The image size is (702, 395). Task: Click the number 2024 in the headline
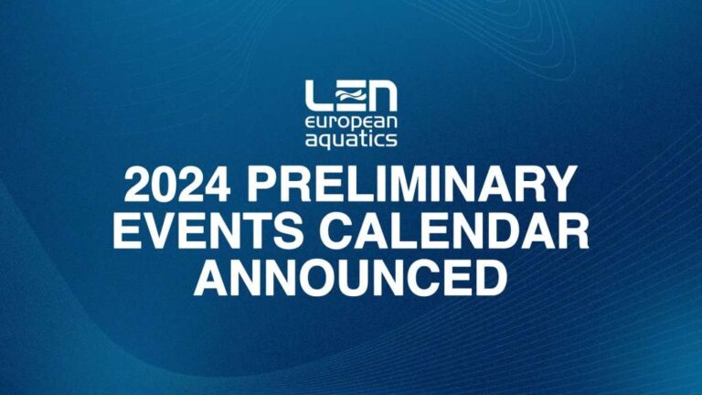coord(177,183)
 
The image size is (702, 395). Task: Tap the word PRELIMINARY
coord(411,183)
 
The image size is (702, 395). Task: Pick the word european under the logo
coord(351,124)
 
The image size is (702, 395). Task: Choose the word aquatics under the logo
coord(351,139)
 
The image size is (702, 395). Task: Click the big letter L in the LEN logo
coord(319,96)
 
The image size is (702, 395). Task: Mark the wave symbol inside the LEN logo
coord(350,94)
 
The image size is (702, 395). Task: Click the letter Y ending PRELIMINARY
coord(558,183)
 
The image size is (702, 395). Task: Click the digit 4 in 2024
coord(218,183)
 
